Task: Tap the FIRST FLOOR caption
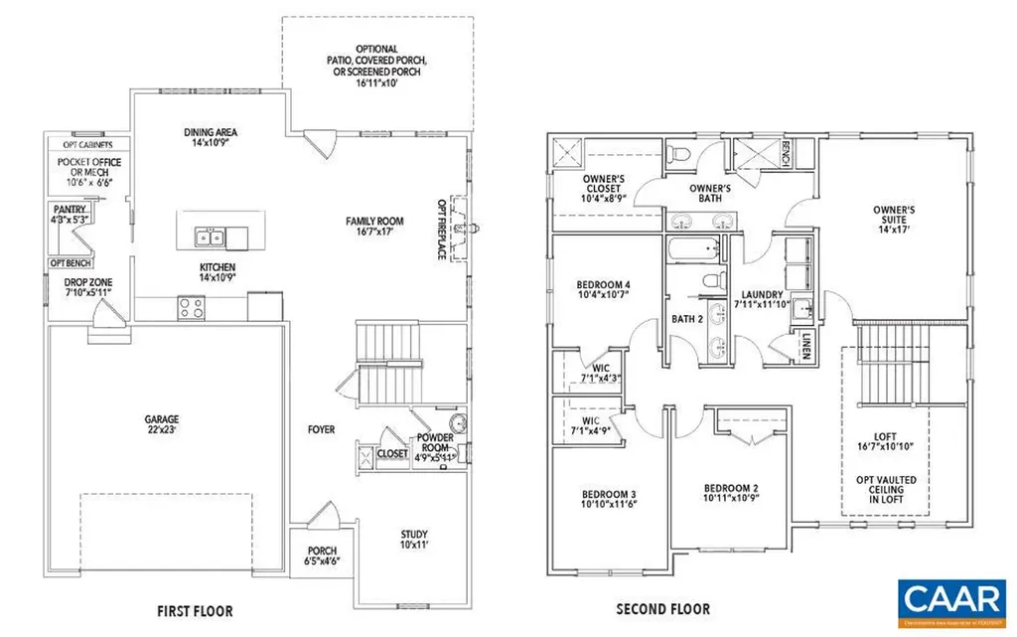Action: pyautogui.click(x=195, y=609)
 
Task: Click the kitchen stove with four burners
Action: pyautogui.click(x=191, y=308)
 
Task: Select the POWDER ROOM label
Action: pyautogui.click(x=436, y=443)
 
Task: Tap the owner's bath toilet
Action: pyautogui.click(x=679, y=153)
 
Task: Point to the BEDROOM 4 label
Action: pyautogui.click(x=604, y=289)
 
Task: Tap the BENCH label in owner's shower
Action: pyautogui.click(x=786, y=153)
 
